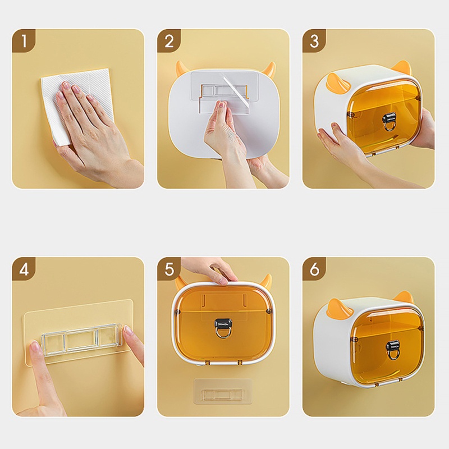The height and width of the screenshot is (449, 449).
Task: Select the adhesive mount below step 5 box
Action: tap(223, 391)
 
